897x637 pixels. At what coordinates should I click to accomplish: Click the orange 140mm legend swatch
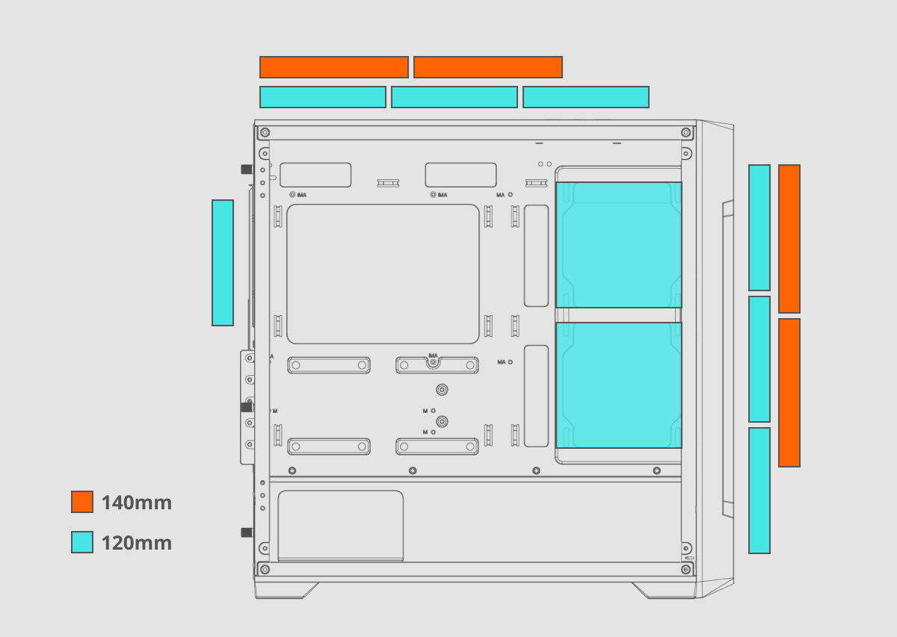click(82, 502)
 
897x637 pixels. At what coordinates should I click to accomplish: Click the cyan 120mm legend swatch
click(82, 542)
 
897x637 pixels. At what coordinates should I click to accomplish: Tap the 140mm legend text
click(137, 503)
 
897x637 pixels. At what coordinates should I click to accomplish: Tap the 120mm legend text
click(137, 543)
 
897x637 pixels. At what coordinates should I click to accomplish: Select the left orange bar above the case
click(334, 67)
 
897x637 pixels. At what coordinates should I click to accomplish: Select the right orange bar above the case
click(488, 67)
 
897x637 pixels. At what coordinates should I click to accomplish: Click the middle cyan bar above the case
click(454, 97)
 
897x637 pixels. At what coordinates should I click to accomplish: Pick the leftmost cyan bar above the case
click(323, 97)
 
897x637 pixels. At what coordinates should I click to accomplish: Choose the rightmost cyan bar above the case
click(586, 97)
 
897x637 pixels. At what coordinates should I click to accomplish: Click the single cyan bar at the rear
click(223, 263)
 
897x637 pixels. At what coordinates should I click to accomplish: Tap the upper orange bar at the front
click(789, 239)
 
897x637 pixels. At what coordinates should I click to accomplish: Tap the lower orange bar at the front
click(789, 393)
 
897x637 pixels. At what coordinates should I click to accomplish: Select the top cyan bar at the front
click(759, 228)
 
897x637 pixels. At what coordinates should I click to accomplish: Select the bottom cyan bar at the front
click(759, 491)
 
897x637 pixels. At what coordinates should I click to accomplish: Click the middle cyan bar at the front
click(759, 359)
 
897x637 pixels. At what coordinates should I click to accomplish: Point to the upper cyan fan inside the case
click(619, 245)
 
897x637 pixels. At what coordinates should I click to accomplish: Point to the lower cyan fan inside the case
click(619, 385)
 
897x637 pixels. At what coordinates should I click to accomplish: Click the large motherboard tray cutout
click(383, 274)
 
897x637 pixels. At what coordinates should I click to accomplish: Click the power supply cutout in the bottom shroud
click(341, 526)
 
